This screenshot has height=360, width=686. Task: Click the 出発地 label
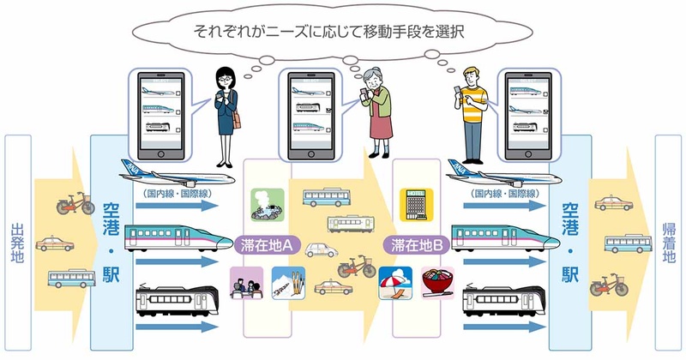tap(16, 243)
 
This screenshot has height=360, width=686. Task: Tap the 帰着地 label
tap(670, 243)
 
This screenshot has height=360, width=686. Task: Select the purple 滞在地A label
tap(265, 245)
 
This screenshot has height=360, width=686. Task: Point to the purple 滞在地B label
tap(415, 245)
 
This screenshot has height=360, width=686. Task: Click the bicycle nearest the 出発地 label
tap(76, 204)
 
